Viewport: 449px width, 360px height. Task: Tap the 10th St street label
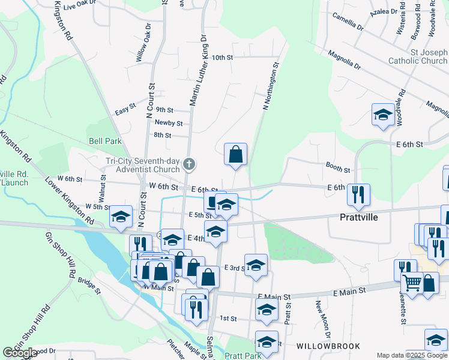222,58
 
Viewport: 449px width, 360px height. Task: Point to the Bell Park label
105,141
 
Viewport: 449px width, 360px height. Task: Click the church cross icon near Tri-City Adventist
189,164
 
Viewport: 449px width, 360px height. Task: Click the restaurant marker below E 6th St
358,194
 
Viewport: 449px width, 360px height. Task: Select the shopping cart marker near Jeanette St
412,283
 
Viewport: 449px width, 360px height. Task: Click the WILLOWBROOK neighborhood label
328,346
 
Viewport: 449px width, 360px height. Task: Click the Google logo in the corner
20,353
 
